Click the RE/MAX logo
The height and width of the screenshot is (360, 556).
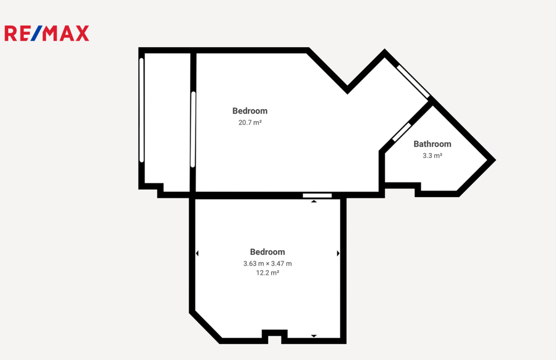47,33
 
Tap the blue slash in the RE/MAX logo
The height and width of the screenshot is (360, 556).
36,33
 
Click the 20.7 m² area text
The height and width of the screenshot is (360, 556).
250,123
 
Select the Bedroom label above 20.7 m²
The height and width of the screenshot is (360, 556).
250,111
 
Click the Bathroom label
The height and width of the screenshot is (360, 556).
432,144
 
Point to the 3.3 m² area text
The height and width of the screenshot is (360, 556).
432,156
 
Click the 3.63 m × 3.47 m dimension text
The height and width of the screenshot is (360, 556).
267,263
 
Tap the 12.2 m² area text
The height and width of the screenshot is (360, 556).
267,273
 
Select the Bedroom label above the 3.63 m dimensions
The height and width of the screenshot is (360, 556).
267,252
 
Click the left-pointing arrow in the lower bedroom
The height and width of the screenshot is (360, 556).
197,253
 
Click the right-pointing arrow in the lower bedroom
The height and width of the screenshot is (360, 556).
338,253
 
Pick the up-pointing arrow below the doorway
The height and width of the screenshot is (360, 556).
314,201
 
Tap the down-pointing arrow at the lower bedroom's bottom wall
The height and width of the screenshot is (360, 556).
314,336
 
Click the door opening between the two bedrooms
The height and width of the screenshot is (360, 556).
317,195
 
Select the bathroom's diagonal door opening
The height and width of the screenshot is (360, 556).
401,132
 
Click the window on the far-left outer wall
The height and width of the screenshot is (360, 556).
142,110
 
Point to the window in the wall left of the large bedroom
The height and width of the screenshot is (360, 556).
193,129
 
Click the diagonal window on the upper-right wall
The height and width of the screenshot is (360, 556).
413,81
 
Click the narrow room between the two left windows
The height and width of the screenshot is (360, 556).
167,121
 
